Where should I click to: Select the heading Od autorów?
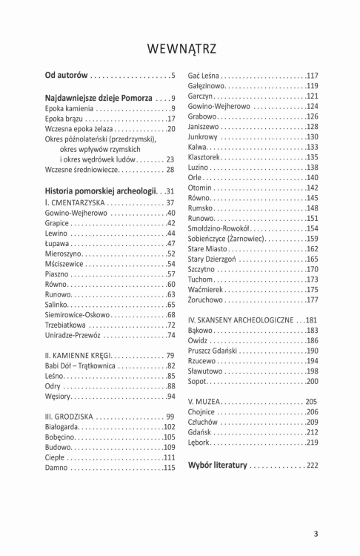pos(67,76)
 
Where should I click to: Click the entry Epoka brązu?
pos(64,119)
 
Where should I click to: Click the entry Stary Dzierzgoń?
pos(215,259)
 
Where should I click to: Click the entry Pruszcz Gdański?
pos(216,351)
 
